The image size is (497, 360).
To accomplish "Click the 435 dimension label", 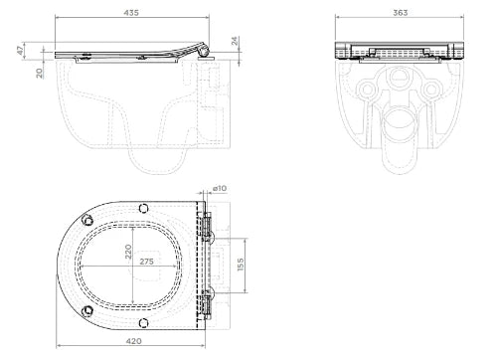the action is (x=131, y=13).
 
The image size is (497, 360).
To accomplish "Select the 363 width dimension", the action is (x=401, y=13).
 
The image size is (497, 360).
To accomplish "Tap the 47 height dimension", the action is (x=21, y=51).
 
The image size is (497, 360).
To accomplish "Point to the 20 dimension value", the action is (x=40, y=74).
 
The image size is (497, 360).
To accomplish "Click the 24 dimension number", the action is (x=235, y=41).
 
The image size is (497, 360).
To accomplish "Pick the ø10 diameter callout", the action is (x=220, y=188).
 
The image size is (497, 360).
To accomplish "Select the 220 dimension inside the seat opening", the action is (x=128, y=252).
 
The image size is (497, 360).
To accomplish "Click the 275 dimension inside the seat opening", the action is (x=146, y=262).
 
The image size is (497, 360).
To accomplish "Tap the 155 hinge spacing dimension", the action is (x=241, y=265).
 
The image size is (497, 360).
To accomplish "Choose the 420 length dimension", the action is (x=134, y=341).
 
